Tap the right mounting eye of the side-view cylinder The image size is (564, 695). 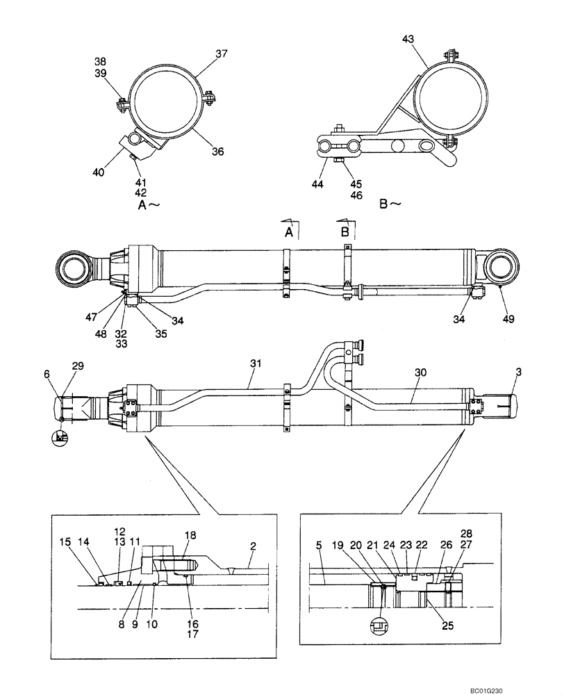click(x=501, y=267)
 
